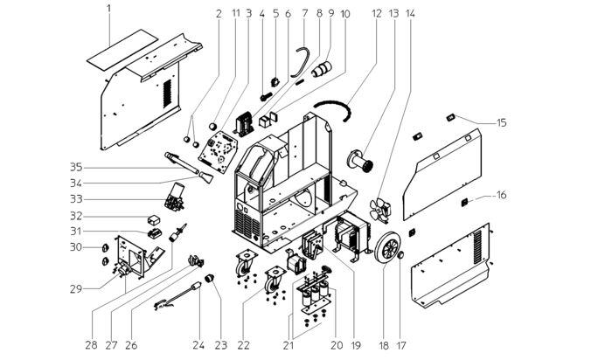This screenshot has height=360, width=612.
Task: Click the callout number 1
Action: tap(109, 8)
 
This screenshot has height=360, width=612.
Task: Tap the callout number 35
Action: tap(77, 167)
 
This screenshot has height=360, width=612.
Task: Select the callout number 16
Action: tap(501, 195)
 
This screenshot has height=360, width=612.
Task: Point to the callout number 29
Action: tap(77, 289)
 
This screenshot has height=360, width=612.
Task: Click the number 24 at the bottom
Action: tap(198, 345)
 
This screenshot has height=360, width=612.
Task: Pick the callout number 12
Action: tap(377, 14)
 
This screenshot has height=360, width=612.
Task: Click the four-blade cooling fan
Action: tap(379, 210)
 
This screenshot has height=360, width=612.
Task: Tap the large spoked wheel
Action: tap(386, 247)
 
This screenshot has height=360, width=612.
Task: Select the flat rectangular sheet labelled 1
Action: tap(122, 50)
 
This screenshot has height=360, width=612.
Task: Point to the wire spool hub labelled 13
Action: tap(360, 160)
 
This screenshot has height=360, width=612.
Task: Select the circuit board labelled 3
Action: tap(218, 152)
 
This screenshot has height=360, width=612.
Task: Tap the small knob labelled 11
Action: tap(212, 127)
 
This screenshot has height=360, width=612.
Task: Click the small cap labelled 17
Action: tap(400, 255)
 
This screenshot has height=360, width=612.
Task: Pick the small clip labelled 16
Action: tap(465, 202)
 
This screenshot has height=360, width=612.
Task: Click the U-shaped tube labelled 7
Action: tap(300, 62)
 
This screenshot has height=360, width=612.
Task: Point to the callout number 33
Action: tap(77, 199)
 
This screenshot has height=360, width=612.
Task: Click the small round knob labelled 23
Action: tap(211, 278)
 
